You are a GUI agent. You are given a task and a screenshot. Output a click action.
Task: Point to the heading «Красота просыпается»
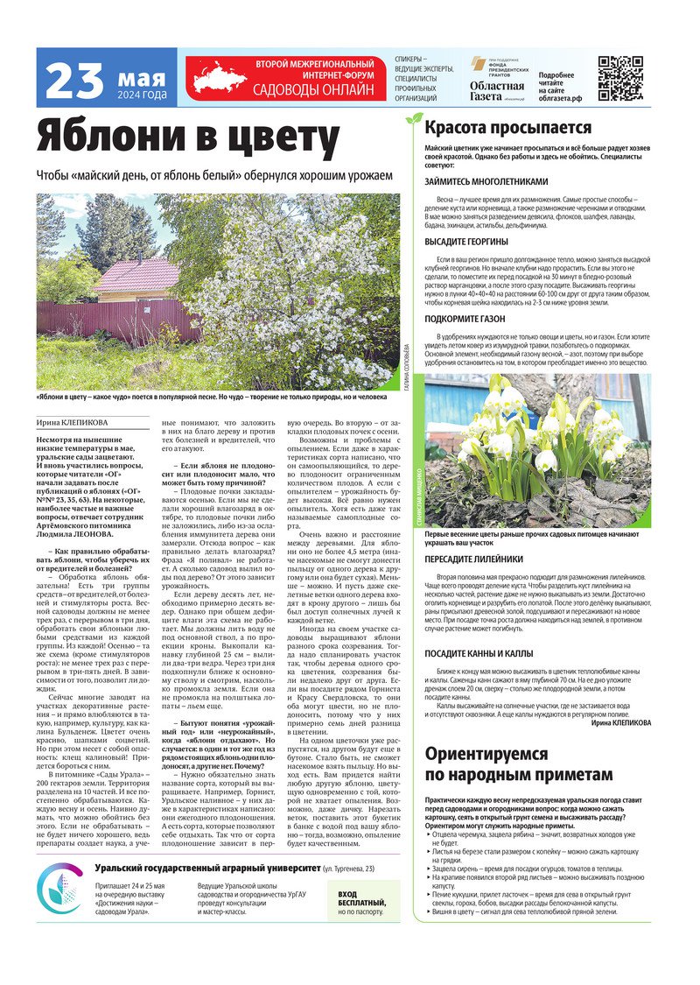[x=496, y=128]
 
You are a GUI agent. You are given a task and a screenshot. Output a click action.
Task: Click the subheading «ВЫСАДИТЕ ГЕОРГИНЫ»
[x=466, y=241]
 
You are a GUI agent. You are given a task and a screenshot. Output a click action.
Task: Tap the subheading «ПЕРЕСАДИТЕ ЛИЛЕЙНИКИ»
[x=473, y=559]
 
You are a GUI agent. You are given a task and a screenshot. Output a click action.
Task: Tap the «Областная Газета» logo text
[x=497, y=86]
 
